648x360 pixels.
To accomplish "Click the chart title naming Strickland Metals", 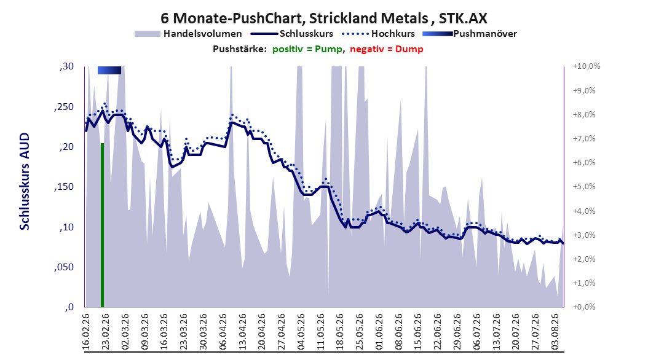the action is [x=324, y=18].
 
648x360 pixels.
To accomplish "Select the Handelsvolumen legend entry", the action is [x=189, y=34].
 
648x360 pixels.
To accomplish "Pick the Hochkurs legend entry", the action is [x=379, y=34].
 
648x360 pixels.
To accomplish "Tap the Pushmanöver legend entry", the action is [x=470, y=34].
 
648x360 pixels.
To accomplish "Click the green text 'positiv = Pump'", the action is [x=307, y=49].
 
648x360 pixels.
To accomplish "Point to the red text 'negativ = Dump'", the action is [x=387, y=49].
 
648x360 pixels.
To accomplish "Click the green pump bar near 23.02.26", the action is [x=102, y=225].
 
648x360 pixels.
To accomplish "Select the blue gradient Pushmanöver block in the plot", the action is [x=109, y=70].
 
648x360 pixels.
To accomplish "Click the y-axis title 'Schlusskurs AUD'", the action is [x=25, y=182].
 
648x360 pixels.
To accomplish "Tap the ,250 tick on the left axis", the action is [x=64, y=107].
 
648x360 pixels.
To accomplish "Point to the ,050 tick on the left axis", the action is [x=64, y=267].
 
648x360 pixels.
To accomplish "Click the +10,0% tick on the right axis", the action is [x=587, y=66].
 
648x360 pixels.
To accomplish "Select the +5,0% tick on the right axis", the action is [x=584, y=187].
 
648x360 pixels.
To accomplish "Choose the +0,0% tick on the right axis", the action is [x=584, y=307].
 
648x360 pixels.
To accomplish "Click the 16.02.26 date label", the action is [x=86, y=332].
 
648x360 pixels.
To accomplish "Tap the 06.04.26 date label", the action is [x=223, y=332].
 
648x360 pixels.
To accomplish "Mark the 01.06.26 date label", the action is [x=379, y=332].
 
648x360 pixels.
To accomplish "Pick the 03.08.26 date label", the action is [x=556, y=332].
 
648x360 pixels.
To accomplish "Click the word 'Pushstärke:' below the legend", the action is [x=240, y=49].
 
